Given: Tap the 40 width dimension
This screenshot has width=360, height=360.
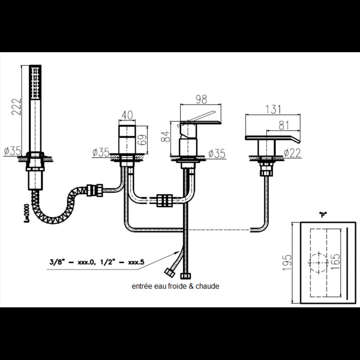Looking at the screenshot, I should click(127, 115).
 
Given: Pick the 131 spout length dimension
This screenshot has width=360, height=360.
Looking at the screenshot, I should click(273, 109).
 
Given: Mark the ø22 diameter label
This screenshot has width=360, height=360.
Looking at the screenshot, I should click(293, 153).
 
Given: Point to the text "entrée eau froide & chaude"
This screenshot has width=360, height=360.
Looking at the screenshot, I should click(175, 286).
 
